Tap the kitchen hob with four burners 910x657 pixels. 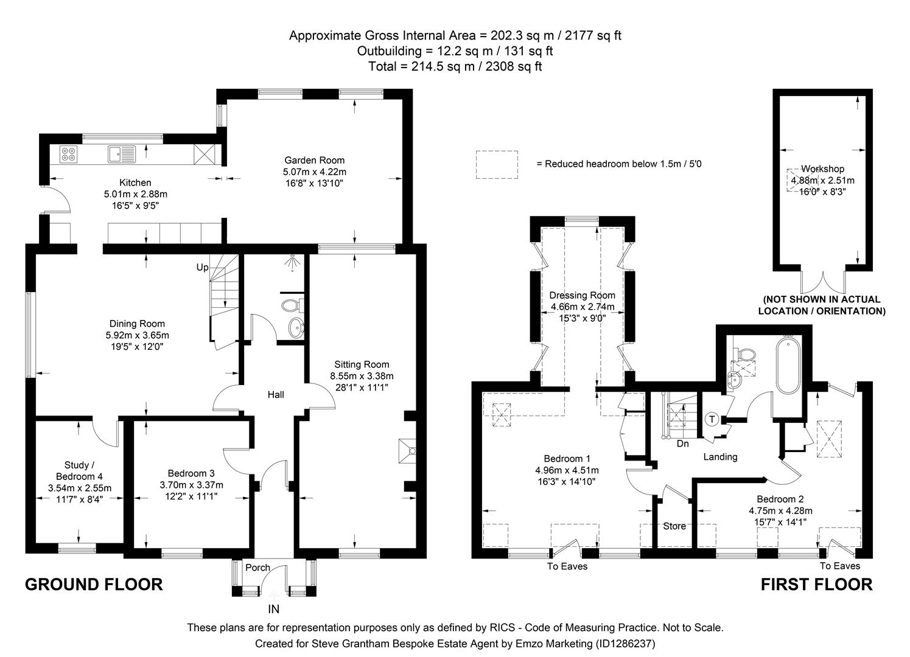click(68, 155)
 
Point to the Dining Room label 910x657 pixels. click(137, 324)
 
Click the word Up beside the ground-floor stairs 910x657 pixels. click(202, 267)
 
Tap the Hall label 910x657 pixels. click(276, 395)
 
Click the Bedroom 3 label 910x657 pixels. click(191, 473)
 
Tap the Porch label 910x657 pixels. click(257, 568)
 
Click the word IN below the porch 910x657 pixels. click(274, 608)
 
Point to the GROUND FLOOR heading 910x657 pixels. click(94, 585)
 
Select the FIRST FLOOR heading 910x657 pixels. click(816, 585)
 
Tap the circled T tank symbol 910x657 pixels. click(712, 419)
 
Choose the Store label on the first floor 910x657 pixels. click(674, 526)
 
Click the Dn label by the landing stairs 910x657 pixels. click(683, 443)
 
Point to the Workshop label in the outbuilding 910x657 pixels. click(822, 169)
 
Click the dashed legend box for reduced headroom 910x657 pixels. click(497, 164)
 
